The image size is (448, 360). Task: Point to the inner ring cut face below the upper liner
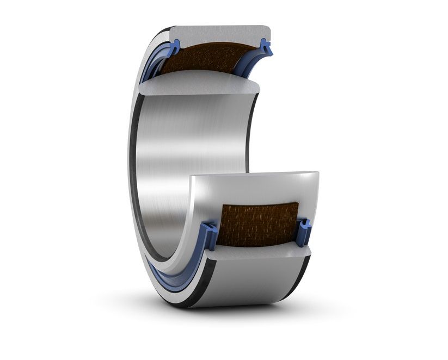pos(201,83)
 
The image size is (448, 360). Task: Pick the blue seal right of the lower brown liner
pos(305,231)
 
